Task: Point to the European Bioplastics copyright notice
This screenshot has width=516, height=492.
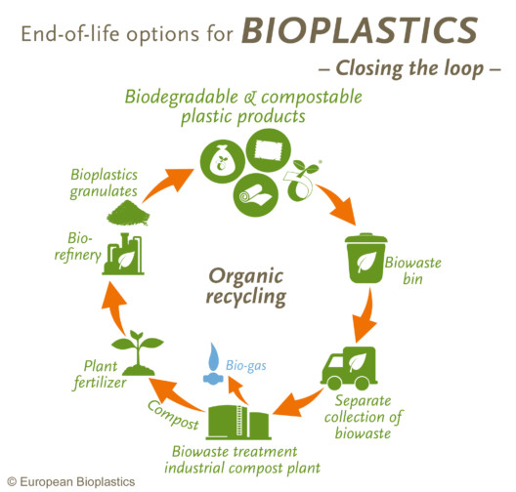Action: coord(70,481)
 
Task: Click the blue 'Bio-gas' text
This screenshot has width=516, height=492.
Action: coord(247,367)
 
